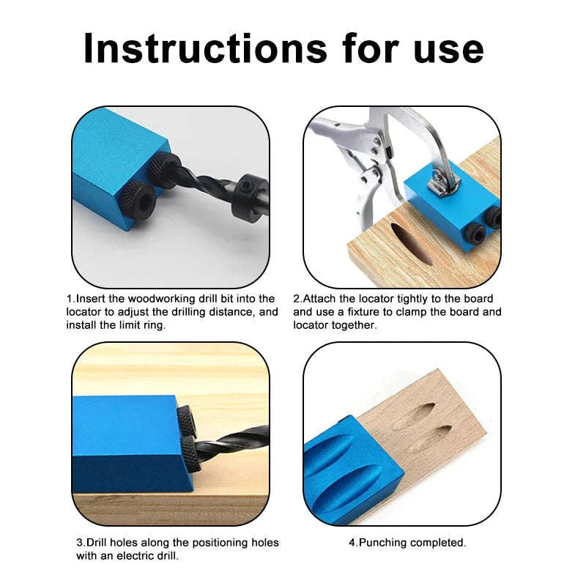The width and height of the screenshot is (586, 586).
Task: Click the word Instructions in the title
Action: (204, 48)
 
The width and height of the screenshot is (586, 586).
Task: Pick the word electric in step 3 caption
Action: (135, 555)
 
